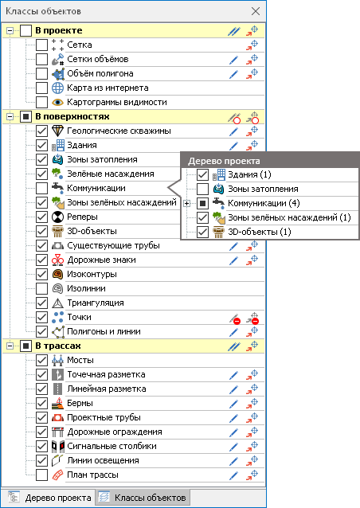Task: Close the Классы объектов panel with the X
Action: pyautogui.click(x=256, y=11)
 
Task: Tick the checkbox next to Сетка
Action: pyautogui.click(x=41, y=45)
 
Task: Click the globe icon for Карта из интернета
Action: pyautogui.click(x=57, y=88)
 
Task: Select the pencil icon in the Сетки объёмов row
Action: pyautogui.click(x=233, y=60)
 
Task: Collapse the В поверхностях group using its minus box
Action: pyautogui.click(x=10, y=116)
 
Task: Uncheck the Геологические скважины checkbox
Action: pyautogui.click(x=41, y=131)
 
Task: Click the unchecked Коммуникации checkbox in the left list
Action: pyautogui.click(x=41, y=188)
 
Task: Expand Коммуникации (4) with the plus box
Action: pyautogui.click(x=186, y=204)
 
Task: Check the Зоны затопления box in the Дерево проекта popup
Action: pyautogui.click(x=202, y=189)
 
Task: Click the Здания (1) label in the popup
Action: pyautogui.click(x=249, y=174)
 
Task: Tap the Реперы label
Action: pyautogui.click(x=82, y=217)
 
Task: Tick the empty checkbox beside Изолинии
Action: pyautogui.click(x=41, y=288)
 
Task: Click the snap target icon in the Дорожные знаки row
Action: pyautogui.click(x=252, y=260)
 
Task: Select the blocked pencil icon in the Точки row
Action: pyautogui.click(x=235, y=318)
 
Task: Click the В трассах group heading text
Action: pyautogui.click(x=58, y=346)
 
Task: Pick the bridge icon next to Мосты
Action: pyautogui.click(x=57, y=360)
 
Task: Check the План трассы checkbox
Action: pyautogui.click(x=41, y=475)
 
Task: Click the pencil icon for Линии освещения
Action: pyautogui.click(x=233, y=461)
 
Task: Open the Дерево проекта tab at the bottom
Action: pyautogui.click(x=50, y=498)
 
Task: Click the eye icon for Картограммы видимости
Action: pyautogui.click(x=57, y=103)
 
